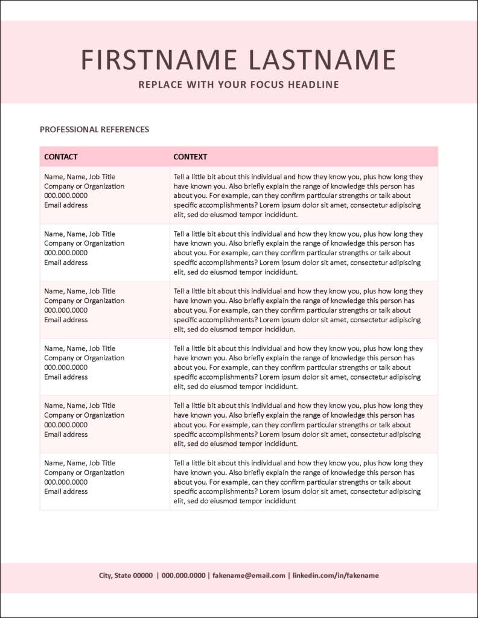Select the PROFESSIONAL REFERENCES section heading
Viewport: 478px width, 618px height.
click(94, 129)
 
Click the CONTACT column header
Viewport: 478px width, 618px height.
click(61, 157)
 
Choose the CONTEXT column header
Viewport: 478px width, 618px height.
click(190, 157)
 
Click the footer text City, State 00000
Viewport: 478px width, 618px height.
click(126, 576)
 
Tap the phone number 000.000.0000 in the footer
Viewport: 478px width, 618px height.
click(183, 576)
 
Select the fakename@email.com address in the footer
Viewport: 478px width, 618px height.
click(248, 576)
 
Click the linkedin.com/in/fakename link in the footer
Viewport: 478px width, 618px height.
click(336, 576)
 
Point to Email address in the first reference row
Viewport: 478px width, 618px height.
click(66, 205)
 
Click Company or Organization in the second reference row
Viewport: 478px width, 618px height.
click(84, 243)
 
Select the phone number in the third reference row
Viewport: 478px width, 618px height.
click(66, 310)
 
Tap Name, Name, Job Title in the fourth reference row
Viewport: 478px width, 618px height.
click(80, 348)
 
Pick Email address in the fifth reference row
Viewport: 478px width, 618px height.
click(66, 435)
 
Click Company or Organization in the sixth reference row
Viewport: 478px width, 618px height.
click(84, 473)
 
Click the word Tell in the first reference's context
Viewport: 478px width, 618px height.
click(180, 177)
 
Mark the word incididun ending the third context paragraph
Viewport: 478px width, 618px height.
click(279, 330)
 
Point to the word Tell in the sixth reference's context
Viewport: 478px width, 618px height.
click(180, 463)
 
